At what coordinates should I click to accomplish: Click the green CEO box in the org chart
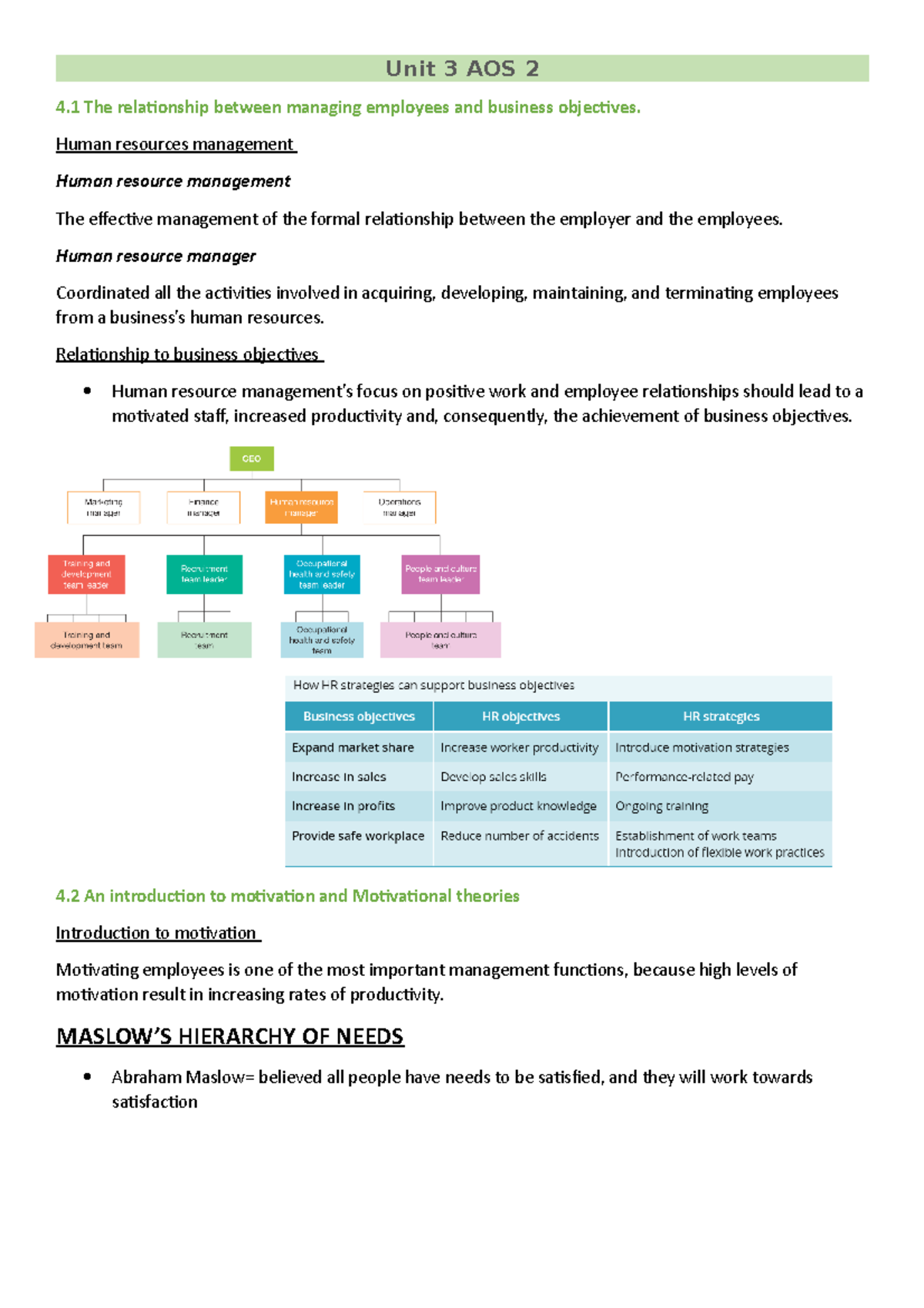tap(252, 458)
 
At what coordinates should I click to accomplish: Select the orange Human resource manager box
tap(301, 508)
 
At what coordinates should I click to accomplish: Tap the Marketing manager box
tap(103, 508)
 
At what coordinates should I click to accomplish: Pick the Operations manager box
tap(399, 508)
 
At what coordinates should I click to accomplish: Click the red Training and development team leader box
tap(86, 575)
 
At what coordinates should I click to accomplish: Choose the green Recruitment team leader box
tap(204, 575)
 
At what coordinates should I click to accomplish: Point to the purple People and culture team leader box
tap(440, 575)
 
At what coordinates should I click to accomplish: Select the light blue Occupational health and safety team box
tap(322, 640)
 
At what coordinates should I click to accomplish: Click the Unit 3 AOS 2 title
tap(462, 69)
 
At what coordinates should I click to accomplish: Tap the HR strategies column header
tap(721, 716)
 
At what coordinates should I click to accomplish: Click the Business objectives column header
tap(359, 716)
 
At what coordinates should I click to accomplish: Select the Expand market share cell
tap(353, 747)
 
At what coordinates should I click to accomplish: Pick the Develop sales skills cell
tap(494, 776)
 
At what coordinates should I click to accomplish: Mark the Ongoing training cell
tap(661, 806)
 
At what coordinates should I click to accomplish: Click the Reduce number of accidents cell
tap(520, 836)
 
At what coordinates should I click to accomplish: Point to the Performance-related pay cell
tap(684, 776)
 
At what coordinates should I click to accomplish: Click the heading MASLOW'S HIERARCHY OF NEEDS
tap(229, 1036)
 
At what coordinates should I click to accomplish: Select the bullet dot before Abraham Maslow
tap(87, 1076)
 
